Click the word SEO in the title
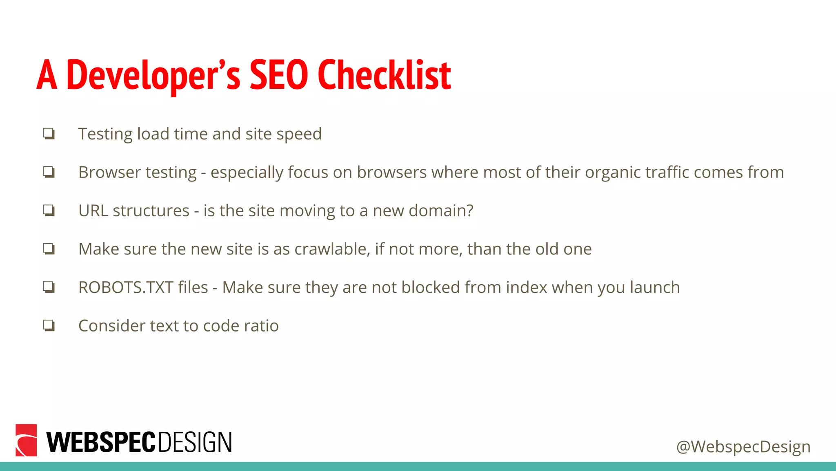click(x=279, y=75)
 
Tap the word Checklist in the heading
click(x=384, y=75)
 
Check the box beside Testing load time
click(x=49, y=134)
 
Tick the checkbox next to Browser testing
click(x=49, y=172)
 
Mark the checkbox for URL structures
click(x=49, y=211)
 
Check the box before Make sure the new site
click(x=49, y=249)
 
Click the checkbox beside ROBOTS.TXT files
click(x=49, y=287)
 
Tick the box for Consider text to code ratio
click(x=49, y=325)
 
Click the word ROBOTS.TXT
click(x=126, y=287)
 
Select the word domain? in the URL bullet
click(x=441, y=211)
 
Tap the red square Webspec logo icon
click(x=26, y=440)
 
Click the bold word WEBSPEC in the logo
click(x=101, y=442)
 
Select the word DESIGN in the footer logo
click(x=195, y=442)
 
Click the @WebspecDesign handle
click(x=743, y=446)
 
